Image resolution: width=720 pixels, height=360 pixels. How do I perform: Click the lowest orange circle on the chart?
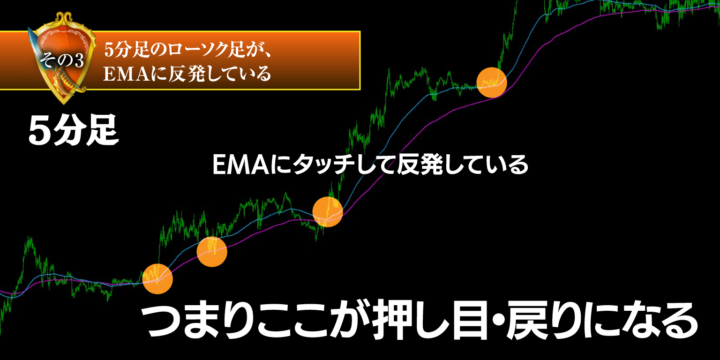click(x=157, y=279)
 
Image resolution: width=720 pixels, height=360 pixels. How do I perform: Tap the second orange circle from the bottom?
click(x=212, y=252)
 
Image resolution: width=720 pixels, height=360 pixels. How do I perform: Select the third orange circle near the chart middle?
click(x=328, y=212)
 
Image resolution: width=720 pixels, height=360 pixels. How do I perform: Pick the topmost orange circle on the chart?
click(x=491, y=82)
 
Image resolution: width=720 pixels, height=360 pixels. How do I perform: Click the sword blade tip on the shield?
click(x=29, y=28)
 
